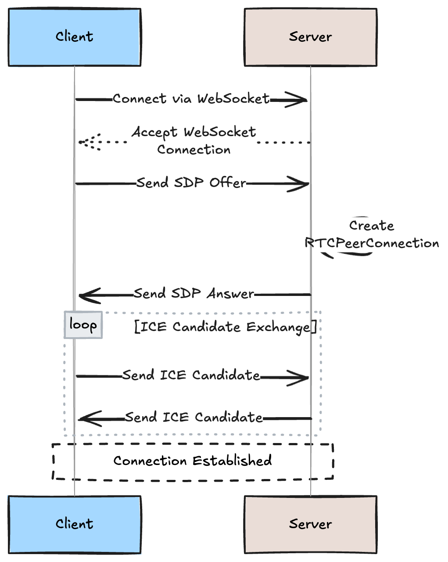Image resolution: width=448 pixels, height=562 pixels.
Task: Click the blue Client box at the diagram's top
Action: (74, 37)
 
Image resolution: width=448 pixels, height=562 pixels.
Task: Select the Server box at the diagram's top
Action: (310, 37)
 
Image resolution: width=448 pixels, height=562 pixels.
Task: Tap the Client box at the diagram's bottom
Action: (74, 524)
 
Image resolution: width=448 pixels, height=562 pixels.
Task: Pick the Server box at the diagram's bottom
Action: (310, 524)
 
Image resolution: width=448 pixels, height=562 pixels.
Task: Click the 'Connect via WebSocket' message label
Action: (191, 99)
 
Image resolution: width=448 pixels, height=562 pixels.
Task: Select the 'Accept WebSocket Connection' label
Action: (194, 140)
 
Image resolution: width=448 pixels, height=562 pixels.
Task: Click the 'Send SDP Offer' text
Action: (191, 183)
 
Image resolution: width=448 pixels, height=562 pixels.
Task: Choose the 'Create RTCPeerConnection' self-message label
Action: (372, 234)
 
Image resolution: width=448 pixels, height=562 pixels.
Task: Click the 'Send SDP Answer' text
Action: (194, 293)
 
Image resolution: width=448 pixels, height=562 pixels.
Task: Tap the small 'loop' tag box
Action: (83, 325)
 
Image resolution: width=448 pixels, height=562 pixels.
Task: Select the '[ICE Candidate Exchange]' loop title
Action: (225, 327)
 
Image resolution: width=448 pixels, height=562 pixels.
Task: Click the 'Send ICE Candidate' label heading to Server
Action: (191, 375)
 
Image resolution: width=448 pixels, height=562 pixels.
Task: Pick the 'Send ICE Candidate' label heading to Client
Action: (194, 417)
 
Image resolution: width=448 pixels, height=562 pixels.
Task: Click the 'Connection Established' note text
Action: (193, 461)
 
